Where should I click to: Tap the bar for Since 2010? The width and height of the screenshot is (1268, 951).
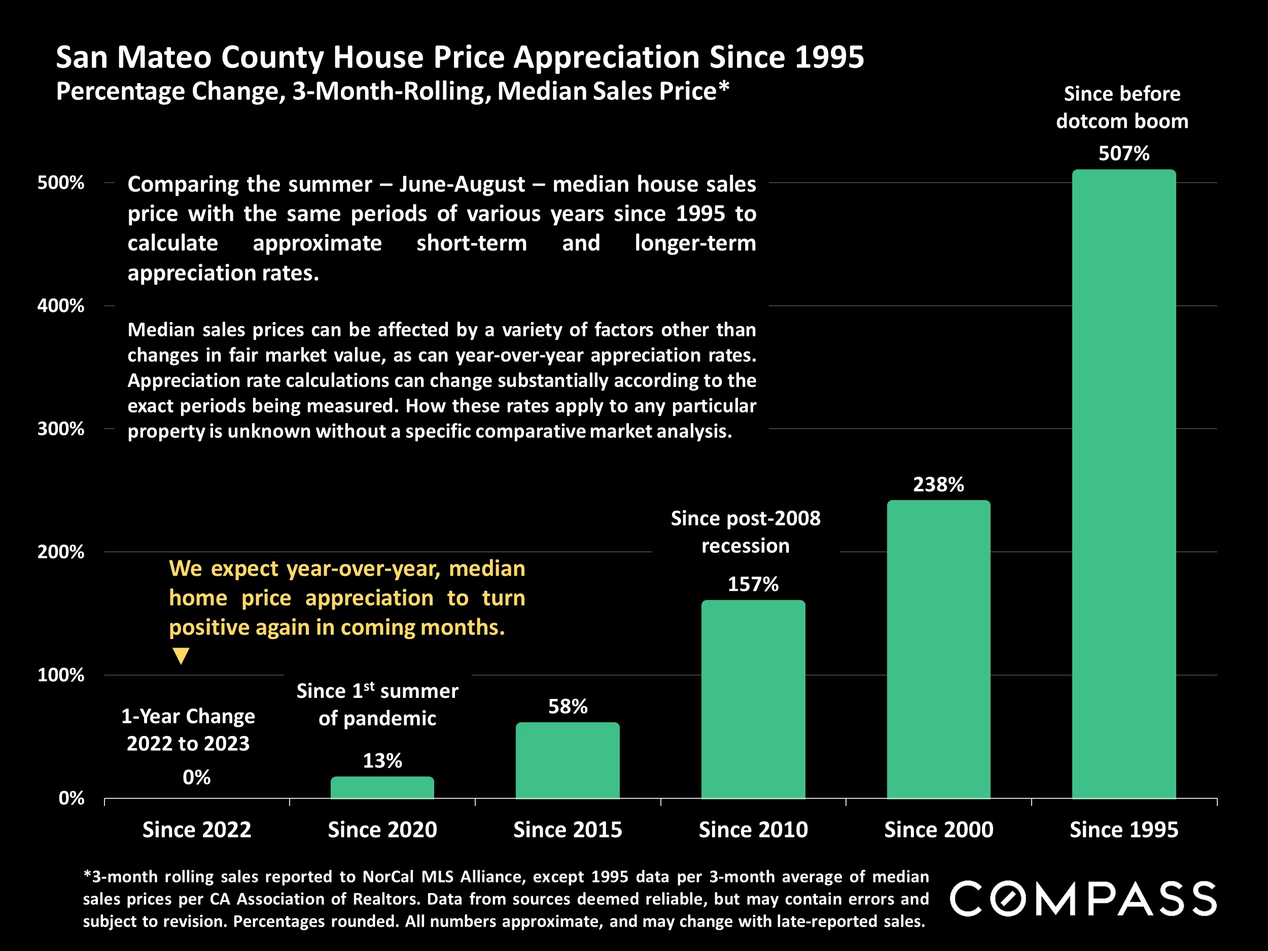tap(753, 699)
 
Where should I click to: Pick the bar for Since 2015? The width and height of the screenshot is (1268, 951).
tap(568, 760)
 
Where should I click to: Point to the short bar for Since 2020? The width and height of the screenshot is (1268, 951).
tap(382, 787)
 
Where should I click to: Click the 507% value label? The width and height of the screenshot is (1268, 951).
tap(1123, 154)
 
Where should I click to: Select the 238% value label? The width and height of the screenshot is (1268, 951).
tap(938, 485)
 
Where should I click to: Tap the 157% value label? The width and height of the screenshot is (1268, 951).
tap(753, 584)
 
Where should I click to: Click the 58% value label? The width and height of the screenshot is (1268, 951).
tap(568, 706)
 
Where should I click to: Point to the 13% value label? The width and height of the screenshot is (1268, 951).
tap(382, 761)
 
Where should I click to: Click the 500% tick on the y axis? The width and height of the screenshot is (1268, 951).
tap(61, 183)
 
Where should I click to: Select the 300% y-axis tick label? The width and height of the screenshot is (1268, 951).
tap(61, 429)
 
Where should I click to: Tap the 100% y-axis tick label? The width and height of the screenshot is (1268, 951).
tap(61, 675)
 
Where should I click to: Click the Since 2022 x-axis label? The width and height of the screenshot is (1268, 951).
tap(197, 829)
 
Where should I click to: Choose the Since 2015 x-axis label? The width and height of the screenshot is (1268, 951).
tap(568, 829)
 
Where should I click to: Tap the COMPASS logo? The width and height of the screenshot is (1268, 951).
tap(1083, 898)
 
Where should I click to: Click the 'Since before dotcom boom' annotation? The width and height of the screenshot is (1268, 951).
tap(1122, 107)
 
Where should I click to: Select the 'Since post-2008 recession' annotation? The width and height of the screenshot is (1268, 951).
tap(745, 532)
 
